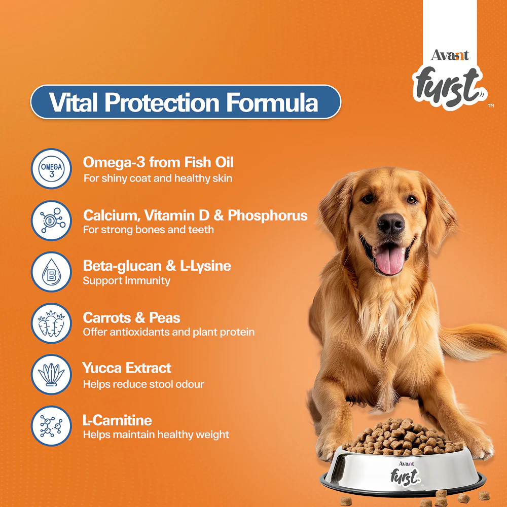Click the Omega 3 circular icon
click(x=51, y=168)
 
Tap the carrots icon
click(x=51, y=323)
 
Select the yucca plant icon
click(x=51, y=375)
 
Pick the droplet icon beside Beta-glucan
click(x=51, y=272)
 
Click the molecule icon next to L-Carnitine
click(x=51, y=426)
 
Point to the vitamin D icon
click(x=51, y=221)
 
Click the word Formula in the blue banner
click(x=272, y=102)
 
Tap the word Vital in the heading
click(x=73, y=102)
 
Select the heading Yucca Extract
click(x=127, y=368)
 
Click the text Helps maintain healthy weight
click(x=156, y=434)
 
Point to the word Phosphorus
click(x=267, y=215)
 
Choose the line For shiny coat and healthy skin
click(x=158, y=178)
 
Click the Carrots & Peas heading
click(x=131, y=318)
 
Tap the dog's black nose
click(x=391, y=224)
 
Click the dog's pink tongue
click(x=389, y=259)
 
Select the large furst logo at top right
click(x=449, y=87)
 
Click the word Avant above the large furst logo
click(x=450, y=55)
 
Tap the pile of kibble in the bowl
click(x=404, y=437)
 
